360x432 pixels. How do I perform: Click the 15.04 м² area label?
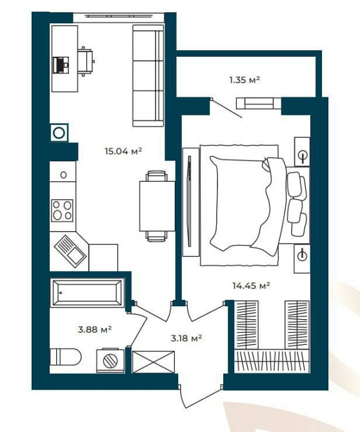tap(123, 152)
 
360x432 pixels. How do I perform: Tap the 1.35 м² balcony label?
tap(244, 80)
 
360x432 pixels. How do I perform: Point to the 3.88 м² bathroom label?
tap(95, 329)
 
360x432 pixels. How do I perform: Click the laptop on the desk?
tap(61, 64)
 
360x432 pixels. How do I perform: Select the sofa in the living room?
tap(147, 75)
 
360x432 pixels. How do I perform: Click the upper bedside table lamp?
tap(302, 155)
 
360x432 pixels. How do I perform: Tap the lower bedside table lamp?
tap(301, 255)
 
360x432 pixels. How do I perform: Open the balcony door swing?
tap(226, 108)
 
